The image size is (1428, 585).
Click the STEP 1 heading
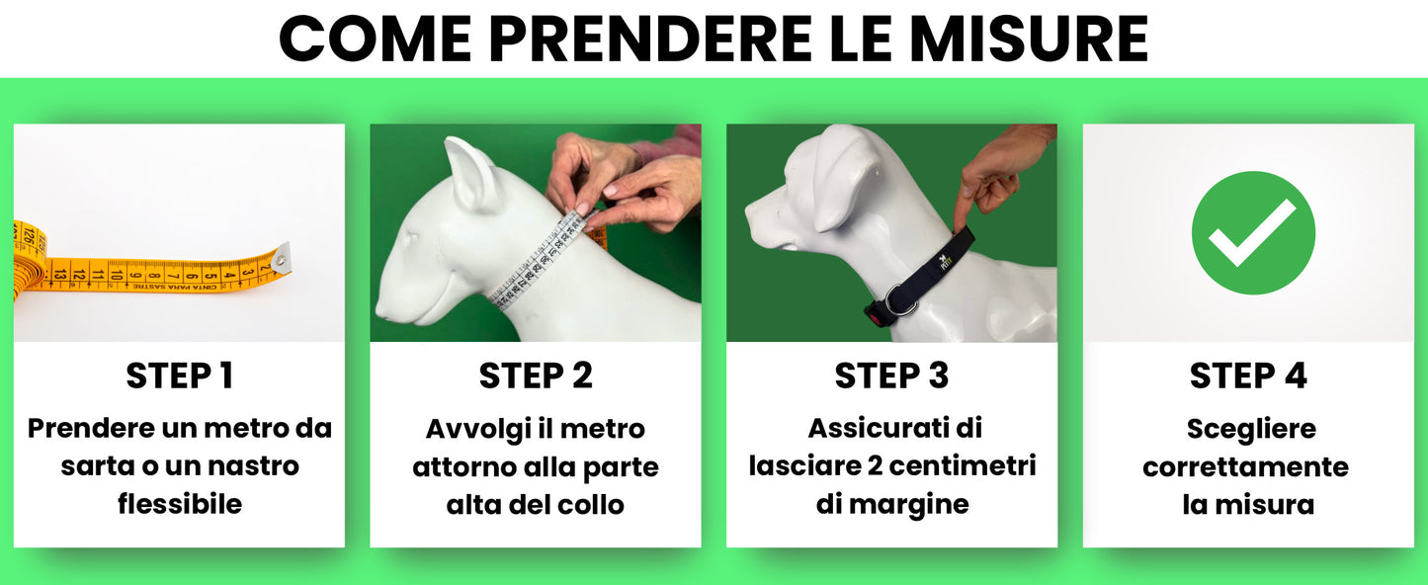click(179, 376)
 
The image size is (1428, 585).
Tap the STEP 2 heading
click(536, 376)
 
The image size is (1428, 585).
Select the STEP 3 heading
click(891, 376)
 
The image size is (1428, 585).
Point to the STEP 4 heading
click(1248, 376)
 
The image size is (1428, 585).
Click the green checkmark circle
click(1253, 232)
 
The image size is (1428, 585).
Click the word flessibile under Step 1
click(179, 504)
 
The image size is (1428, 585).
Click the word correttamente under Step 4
click(1246, 466)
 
